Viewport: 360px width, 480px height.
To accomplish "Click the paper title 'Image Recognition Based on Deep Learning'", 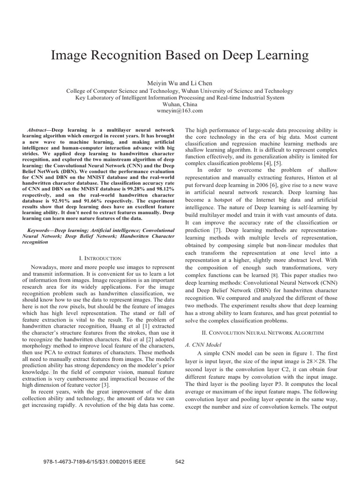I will [x=180, y=55].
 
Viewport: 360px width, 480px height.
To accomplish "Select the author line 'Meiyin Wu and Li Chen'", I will [x=180, y=82].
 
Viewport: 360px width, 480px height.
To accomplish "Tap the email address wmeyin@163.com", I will [x=180, y=111].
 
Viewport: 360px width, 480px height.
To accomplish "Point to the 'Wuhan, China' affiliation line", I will [x=180, y=104].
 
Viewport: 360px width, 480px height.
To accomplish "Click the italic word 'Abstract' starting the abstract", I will [x=39, y=128].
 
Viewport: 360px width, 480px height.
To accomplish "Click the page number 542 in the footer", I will [x=180, y=462].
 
